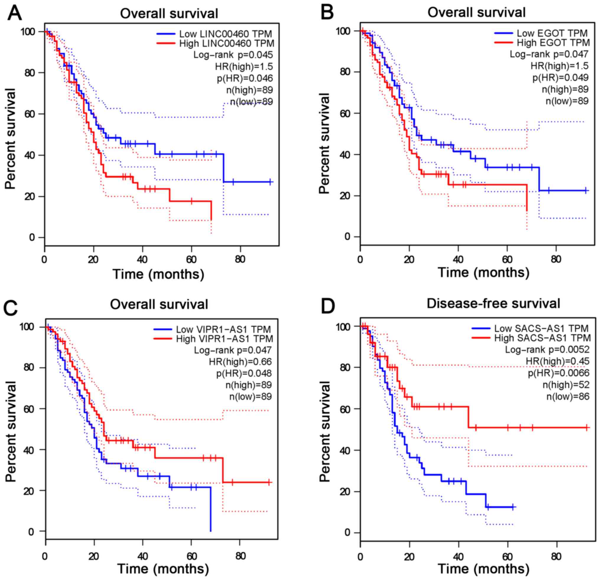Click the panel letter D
pyautogui.click(x=328, y=306)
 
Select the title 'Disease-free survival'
pyautogui.click(x=493, y=303)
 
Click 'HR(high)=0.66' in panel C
pyautogui.click(x=240, y=362)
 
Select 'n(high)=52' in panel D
pyautogui.click(x=566, y=385)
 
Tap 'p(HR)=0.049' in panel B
pyautogui.click(x=560, y=78)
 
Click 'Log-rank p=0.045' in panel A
pyautogui.click(x=233, y=55)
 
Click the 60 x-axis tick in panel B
pyautogui.click(x=507, y=260)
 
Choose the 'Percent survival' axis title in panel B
pyautogui.click(x=324, y=143)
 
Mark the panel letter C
pyautogui.click(x=12, y=308)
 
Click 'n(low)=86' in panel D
pyautogui.click(x=568, y=396)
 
